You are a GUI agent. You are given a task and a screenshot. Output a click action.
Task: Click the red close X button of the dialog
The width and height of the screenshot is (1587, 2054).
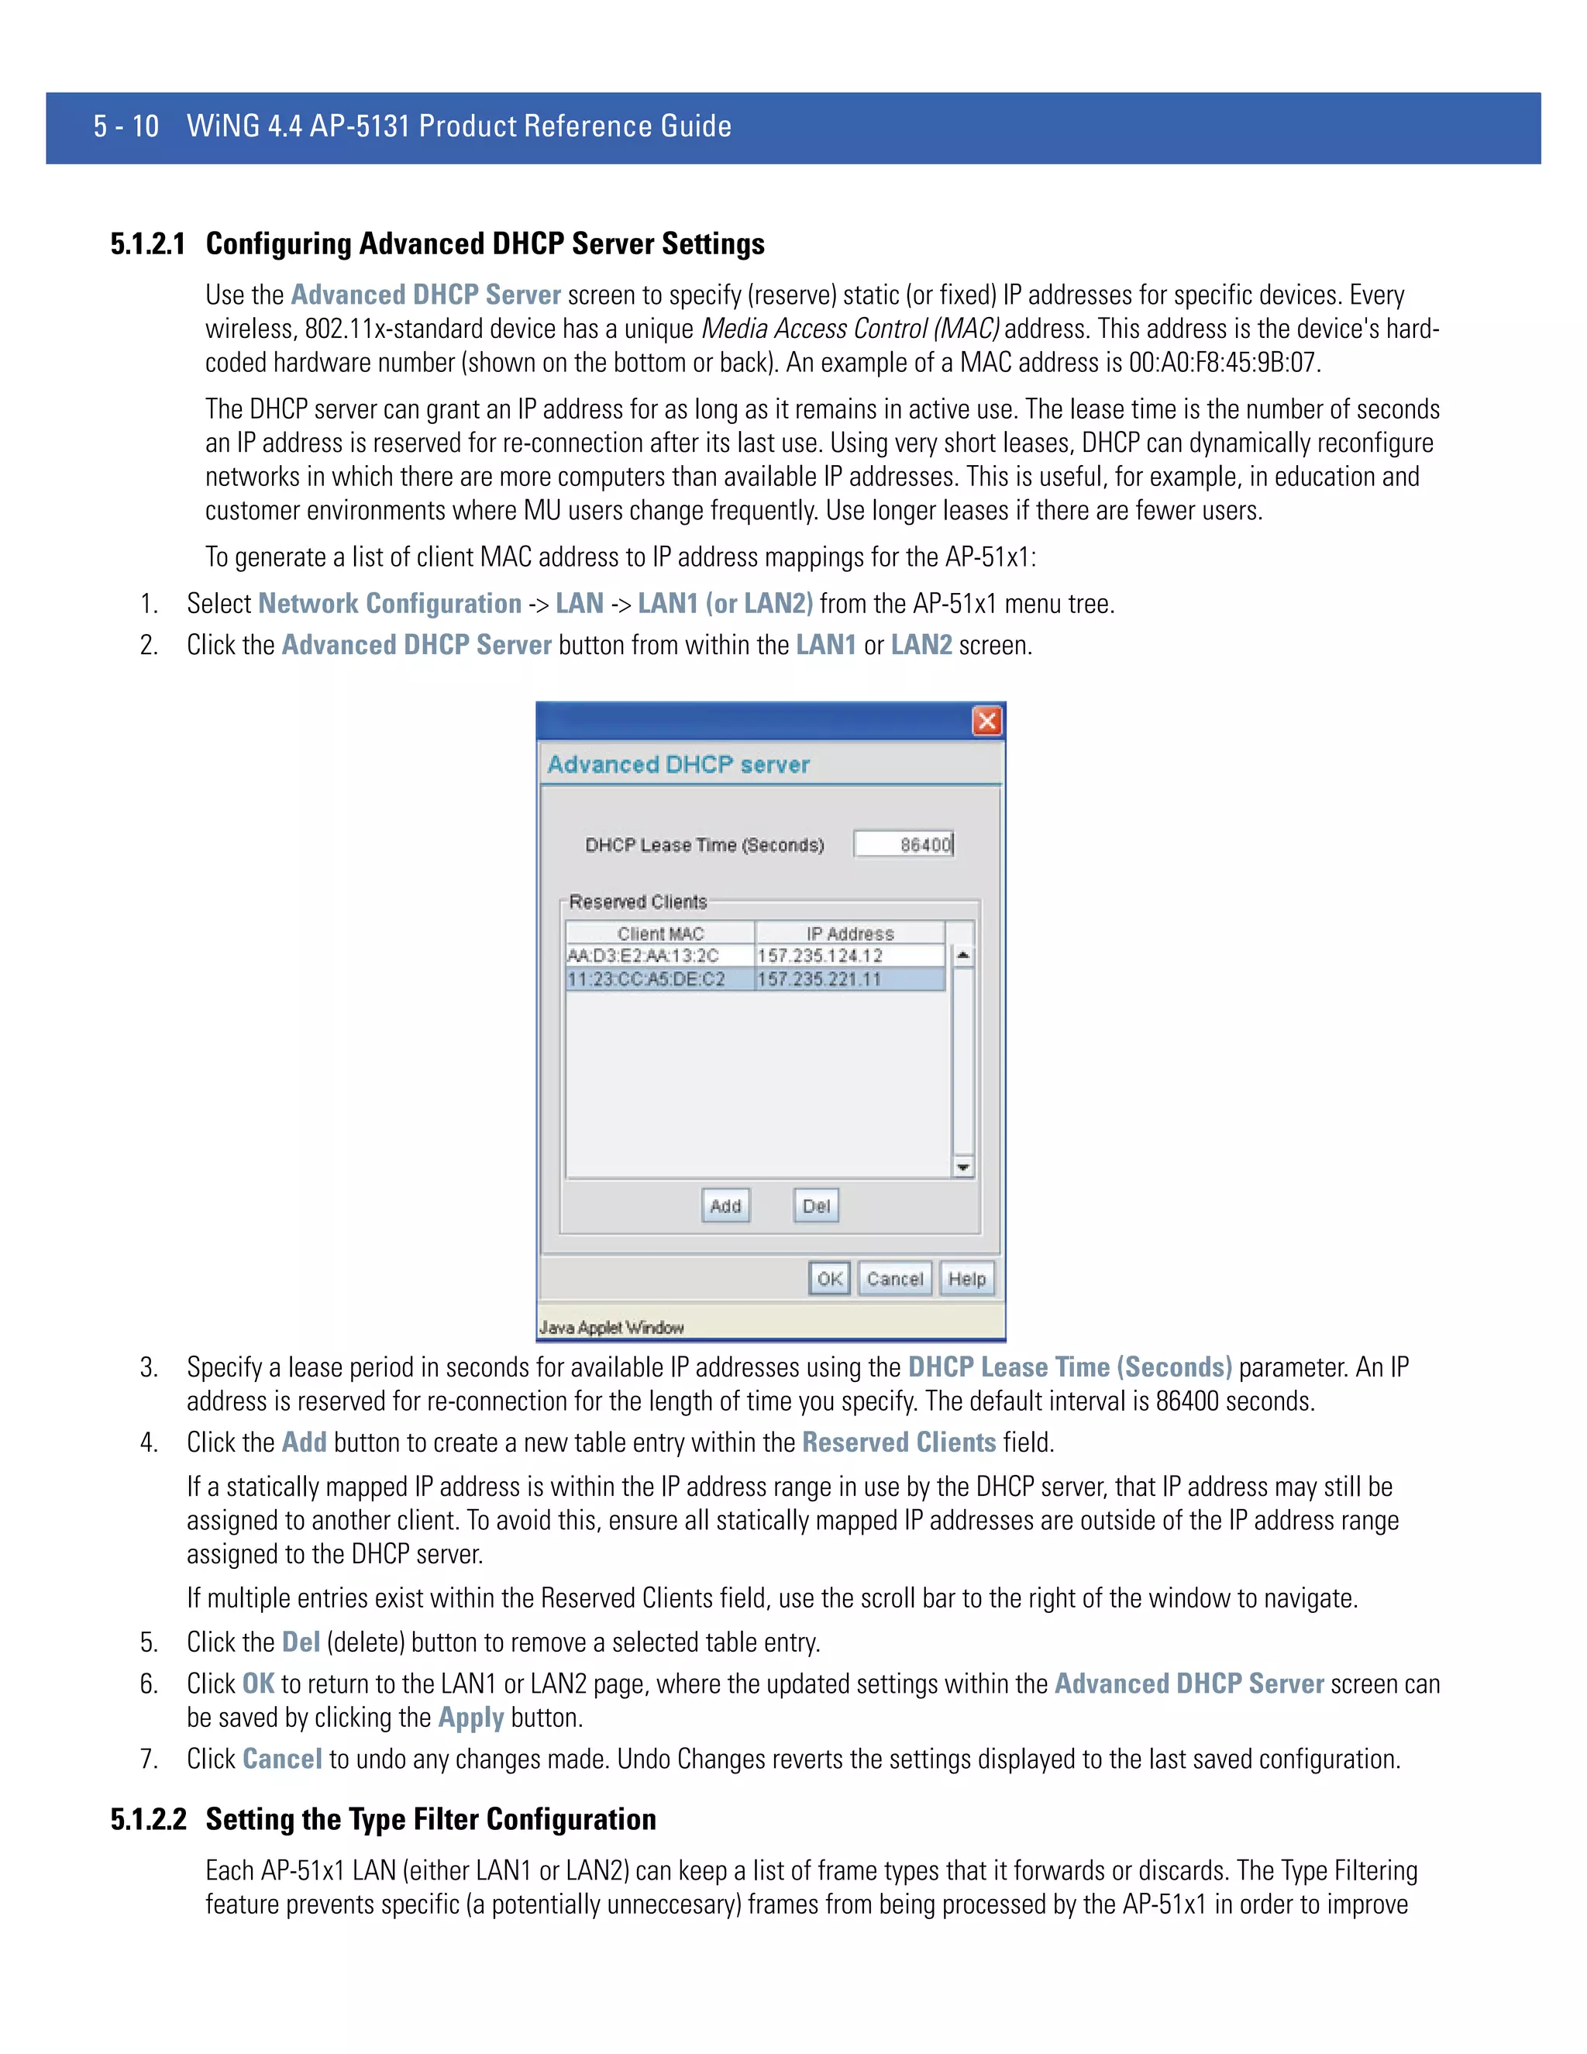coord(986,722)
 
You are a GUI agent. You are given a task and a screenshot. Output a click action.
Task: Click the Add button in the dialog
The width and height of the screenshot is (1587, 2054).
coord(725,1206)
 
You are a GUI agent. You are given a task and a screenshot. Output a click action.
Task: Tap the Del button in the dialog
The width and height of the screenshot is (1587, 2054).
coord(816,1206)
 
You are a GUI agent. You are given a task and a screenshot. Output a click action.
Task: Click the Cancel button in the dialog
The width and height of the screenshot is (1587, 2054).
coord(894,1279)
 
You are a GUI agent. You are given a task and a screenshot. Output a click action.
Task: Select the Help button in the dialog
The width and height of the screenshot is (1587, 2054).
coord(966,1279)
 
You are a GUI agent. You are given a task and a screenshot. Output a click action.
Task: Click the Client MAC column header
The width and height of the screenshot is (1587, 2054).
coord(660,933)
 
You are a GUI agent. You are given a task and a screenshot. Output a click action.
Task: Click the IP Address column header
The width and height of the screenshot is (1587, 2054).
coord(849,933)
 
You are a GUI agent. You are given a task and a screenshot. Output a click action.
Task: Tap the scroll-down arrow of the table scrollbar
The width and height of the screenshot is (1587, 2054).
coord(962,1167)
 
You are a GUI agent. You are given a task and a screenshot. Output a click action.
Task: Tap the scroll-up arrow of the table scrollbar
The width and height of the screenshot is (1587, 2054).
coord(962,956)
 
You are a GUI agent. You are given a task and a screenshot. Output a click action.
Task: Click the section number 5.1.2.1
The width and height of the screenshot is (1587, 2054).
coord(147,244)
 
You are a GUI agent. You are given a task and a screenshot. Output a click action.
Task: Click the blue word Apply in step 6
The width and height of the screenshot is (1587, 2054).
coord(471,1718)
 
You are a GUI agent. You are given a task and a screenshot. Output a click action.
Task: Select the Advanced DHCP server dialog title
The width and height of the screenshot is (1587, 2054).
coord(678,764)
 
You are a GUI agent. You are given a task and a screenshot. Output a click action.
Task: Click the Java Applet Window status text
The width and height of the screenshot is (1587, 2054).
coord(611,1327)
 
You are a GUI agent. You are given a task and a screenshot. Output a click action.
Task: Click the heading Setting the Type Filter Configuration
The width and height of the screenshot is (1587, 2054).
coord(431,1819)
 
